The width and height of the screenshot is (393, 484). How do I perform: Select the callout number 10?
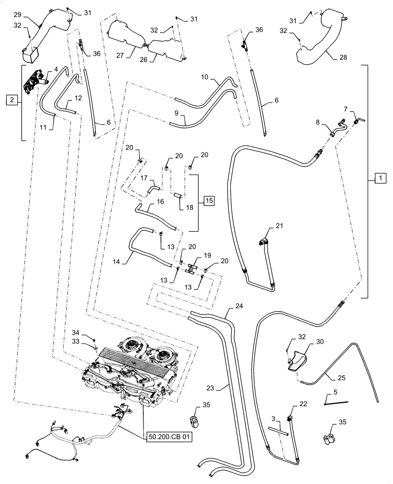[204, 76]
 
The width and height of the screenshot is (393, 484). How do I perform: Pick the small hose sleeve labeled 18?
[177, 196]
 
